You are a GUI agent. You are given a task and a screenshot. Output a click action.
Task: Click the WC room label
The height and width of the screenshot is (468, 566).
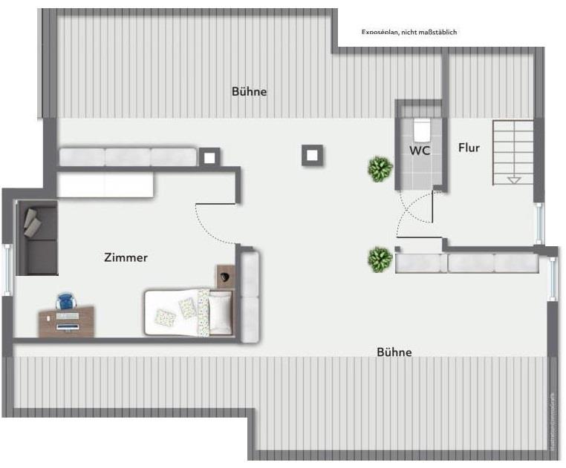[x=420, y=149]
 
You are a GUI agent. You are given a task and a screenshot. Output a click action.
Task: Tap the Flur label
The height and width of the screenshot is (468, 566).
[x=469, y=148]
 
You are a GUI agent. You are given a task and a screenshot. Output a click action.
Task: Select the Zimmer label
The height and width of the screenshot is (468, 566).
[x=126, y=258]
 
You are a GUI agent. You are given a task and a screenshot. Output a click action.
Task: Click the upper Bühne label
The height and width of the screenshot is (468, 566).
[x=249, y=92]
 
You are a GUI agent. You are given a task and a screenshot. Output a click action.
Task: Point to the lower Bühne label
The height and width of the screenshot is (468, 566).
[x=394, y=352]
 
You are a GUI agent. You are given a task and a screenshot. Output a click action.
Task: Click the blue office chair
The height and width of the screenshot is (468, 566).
[x=65, y=302]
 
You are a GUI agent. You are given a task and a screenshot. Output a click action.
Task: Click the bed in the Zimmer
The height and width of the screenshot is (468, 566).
[x=189, y=312]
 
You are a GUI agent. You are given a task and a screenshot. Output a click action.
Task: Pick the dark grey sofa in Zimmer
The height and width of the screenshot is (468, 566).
[x=37, y=237]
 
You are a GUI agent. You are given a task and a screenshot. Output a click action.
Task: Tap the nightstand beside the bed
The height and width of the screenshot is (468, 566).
[x=225, y=276]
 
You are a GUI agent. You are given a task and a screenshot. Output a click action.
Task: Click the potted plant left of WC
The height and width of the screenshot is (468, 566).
[x=380, y=169]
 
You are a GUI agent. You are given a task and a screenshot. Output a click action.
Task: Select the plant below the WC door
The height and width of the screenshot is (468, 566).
[x=380, y=260]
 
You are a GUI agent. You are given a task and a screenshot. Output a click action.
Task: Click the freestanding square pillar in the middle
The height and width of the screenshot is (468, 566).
[x=313, y=155]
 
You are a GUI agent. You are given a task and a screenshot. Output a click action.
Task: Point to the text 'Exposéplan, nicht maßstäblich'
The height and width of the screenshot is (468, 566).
[x=409, y=32]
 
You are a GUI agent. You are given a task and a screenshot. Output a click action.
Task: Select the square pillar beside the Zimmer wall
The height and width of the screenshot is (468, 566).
[x=209, y=156]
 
